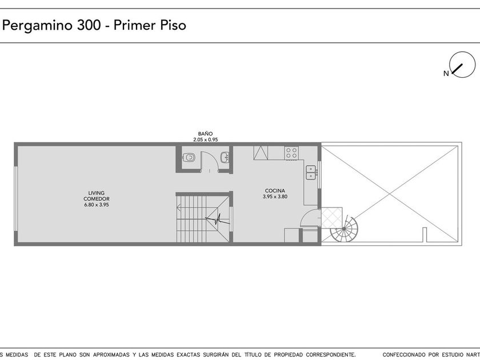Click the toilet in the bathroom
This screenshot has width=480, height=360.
[189, 158]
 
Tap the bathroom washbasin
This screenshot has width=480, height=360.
[225, 158]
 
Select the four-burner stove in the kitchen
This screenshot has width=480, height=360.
[291, 153]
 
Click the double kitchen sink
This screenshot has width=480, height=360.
[311, 173]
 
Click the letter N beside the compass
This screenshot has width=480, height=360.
[446, 74]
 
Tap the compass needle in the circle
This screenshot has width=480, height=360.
[457, 69]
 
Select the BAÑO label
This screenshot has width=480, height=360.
[205, 134]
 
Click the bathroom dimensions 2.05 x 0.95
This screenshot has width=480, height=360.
[205, 139]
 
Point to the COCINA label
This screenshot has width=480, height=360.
[275, 191]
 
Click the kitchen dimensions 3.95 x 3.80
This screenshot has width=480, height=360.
[275, 197]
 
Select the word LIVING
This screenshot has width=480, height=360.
[96, 193]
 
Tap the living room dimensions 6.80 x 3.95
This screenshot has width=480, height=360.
[97, 205]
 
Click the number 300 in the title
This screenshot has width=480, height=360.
[89, 25]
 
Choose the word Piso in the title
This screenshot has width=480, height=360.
[173, 25]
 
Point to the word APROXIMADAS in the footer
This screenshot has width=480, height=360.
[111, 354]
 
